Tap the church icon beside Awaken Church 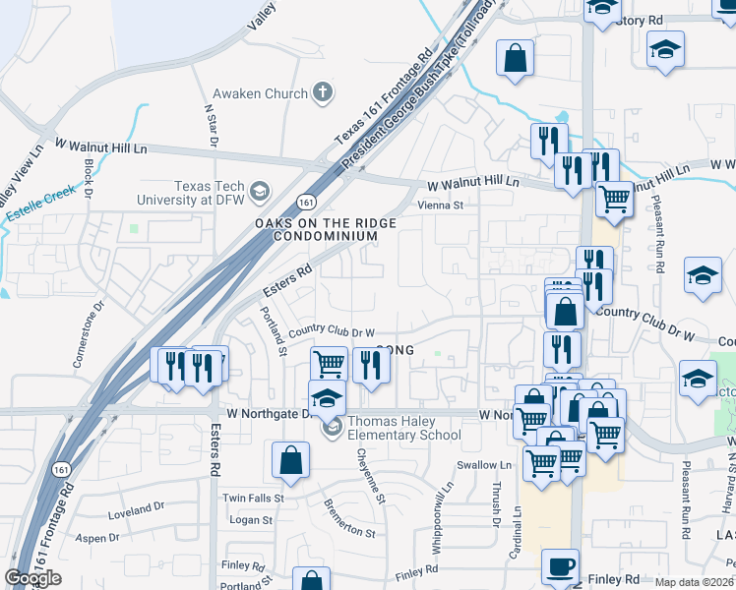[x=321, y=93]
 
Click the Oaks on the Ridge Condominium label [x=326, y=230]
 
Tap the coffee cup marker [x=560, y=567]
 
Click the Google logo [x=32, y=578]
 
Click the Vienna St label [x=440, y=206]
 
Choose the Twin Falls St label [x=253, y=499]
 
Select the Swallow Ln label [x=484, y=465]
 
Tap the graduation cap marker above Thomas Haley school [x=328, y=399]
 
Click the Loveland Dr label [x=136, y=509]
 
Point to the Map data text [x=694, y=582]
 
